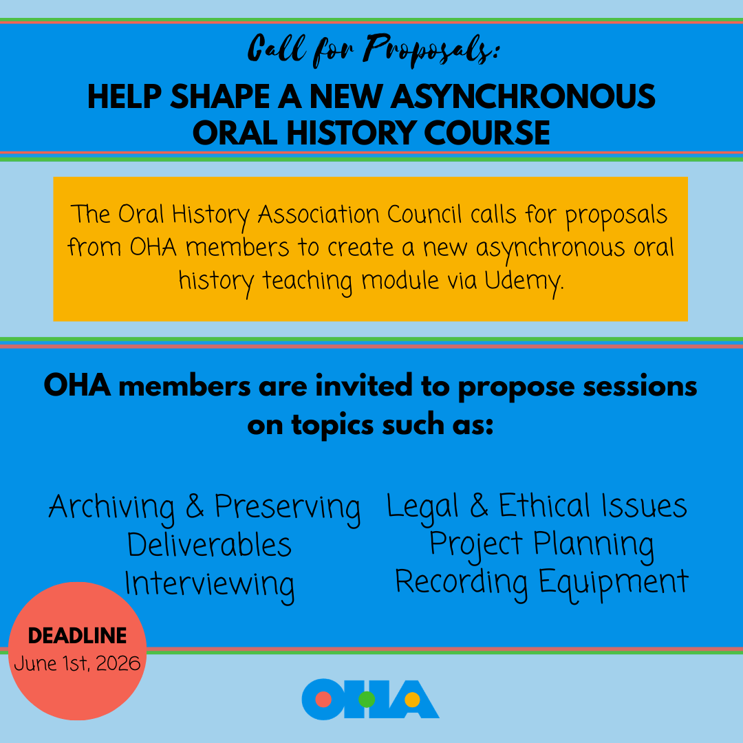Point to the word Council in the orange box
coord(424,214)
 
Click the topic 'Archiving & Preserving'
coord(204,508)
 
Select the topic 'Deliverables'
coord(210,546)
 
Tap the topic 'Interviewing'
coord(210,584)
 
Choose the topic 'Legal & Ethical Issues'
coord(537,506)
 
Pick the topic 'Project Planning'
coord(541,544)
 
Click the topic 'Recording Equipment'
coord(541,582)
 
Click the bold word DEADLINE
coord(77,636)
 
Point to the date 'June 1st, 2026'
coord(77,664)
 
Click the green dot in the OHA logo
coord(367,700)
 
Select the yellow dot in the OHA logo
coord(412,700)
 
